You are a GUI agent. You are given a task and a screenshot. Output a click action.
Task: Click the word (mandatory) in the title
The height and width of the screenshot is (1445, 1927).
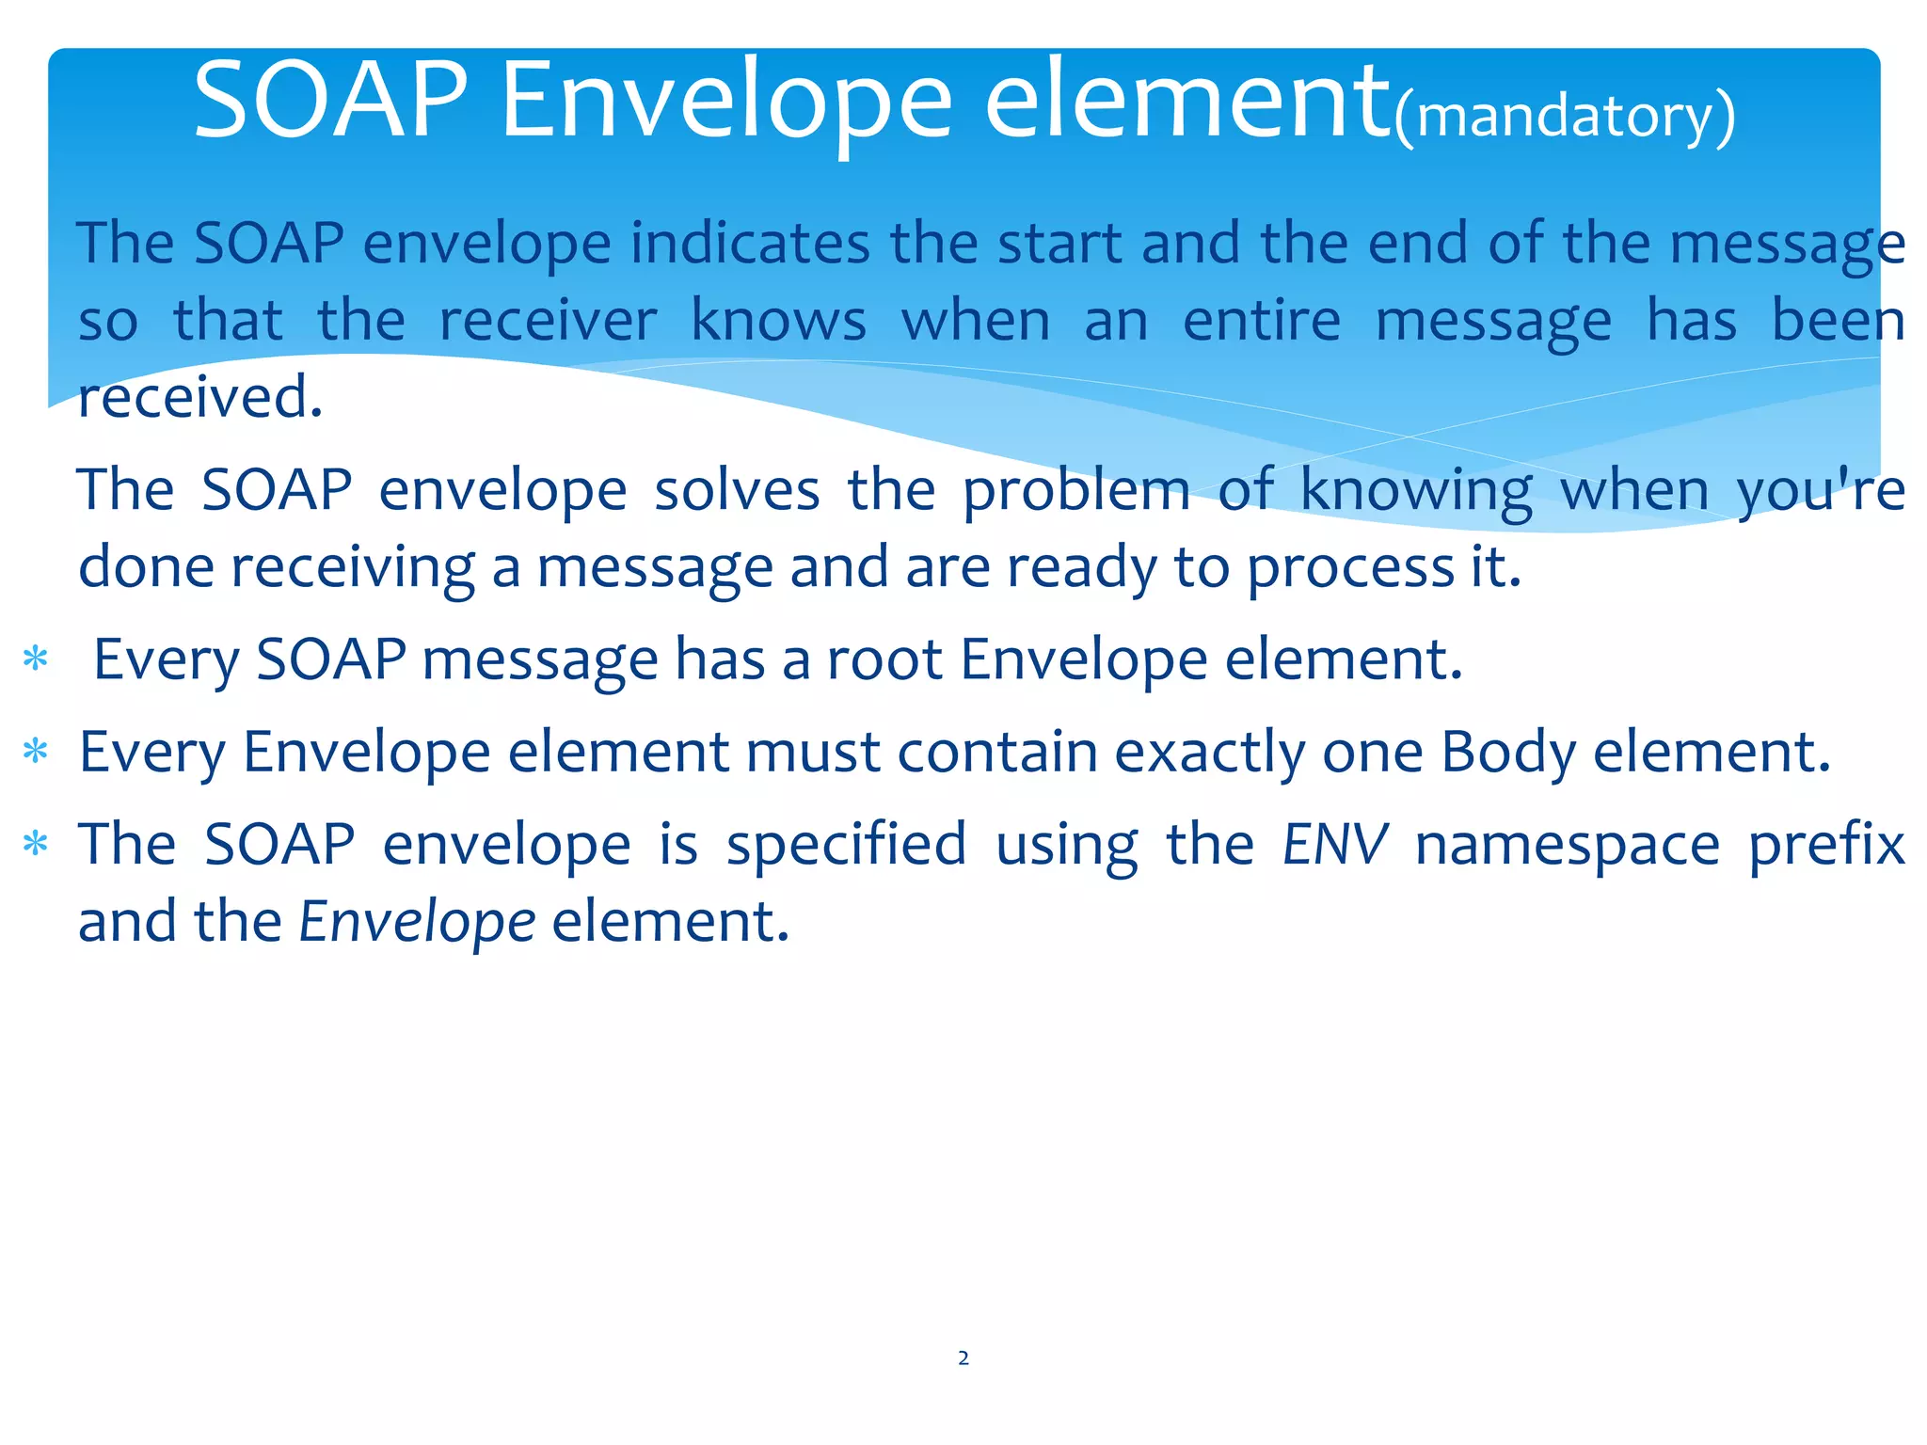tap(1564, 117)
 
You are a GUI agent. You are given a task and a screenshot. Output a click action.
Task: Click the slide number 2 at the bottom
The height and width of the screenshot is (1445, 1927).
tap(963, 1358)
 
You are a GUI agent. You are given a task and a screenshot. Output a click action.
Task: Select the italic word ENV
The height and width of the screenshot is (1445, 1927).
tap(1334, 844)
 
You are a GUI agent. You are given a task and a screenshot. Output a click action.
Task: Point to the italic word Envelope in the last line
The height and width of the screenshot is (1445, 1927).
tap(417, 921)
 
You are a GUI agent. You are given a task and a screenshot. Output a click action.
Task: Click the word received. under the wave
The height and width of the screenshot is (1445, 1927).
tap(199, 397)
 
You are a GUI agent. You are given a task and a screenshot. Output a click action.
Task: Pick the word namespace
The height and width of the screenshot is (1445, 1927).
tap(1567, 844)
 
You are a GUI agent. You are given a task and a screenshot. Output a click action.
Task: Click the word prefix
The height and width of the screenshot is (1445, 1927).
tap(1825, 844)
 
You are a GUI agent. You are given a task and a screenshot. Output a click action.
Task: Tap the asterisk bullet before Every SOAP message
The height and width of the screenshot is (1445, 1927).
tap(36, 659)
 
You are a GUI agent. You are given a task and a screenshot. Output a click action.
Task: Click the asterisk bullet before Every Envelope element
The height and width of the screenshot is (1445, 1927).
tap(36, 753)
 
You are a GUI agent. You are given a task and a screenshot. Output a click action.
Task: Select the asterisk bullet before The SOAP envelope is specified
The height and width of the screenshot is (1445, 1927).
tap(36, 845)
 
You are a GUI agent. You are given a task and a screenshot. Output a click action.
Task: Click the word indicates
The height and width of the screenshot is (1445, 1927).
tap(749, 243)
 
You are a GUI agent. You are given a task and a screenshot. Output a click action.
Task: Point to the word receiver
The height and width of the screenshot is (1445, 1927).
tap(548, 321)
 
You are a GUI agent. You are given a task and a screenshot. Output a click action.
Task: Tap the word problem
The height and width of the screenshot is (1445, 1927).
tap(1075, 490)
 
